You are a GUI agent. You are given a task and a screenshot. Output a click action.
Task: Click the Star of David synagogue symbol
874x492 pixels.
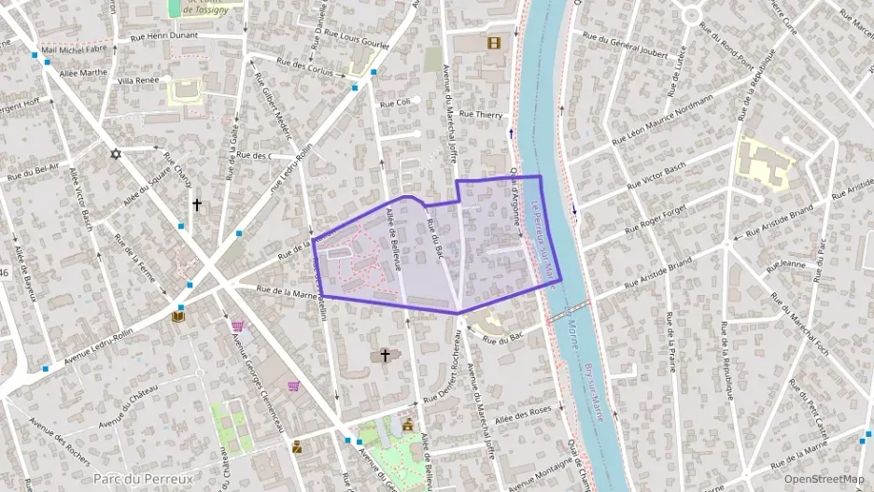coord(116,154)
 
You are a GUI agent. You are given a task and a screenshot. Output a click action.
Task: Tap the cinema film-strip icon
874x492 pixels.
coord(494,42)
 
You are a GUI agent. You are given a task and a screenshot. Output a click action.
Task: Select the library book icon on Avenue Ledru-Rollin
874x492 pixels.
coord(177,316)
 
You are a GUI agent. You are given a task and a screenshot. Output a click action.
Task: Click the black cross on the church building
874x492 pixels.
coord(384,356)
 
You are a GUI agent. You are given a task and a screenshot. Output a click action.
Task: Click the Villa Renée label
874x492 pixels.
coord(138,81)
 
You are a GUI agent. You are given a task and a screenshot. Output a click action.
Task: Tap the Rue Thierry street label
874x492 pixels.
coord(482,115)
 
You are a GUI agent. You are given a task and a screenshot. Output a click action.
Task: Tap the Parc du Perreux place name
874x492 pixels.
coord(144,479)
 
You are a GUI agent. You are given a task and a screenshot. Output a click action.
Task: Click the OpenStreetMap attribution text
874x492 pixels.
coord(824,479)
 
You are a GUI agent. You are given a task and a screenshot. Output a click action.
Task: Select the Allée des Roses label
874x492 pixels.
coord(523,413)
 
